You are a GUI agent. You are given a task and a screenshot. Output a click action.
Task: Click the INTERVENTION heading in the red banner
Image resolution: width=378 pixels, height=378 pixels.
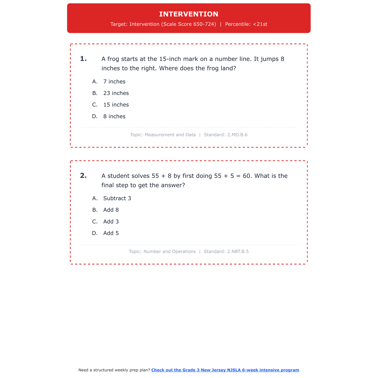(189, 14)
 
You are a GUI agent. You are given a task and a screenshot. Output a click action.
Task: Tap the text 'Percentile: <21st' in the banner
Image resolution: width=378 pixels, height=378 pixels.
(246, 24)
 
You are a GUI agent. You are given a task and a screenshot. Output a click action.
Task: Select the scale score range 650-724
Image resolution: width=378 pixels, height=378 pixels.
(204, 24)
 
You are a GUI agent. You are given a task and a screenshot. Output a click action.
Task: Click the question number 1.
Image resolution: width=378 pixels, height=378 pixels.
(83, 59)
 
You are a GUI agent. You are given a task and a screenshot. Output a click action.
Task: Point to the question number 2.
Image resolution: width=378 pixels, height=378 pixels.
(83, 176)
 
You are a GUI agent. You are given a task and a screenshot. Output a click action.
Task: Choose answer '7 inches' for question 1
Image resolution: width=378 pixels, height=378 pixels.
(114, 82)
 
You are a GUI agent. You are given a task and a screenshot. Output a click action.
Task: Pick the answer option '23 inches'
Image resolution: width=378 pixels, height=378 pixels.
(116, 93)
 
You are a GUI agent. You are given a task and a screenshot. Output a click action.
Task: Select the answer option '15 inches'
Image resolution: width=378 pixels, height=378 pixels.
(116, 105)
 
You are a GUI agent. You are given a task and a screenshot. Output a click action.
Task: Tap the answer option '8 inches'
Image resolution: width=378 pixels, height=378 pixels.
(114, 116)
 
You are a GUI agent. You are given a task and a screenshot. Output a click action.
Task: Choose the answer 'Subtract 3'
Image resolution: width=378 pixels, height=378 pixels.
(117, 198)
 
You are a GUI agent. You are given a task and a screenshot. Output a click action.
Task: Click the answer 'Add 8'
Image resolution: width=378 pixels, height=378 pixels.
(111, 210)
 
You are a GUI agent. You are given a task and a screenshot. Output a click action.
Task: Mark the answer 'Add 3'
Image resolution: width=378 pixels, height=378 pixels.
(111, 222)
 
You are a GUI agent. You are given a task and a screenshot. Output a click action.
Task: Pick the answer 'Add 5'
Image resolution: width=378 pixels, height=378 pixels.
(111, 233)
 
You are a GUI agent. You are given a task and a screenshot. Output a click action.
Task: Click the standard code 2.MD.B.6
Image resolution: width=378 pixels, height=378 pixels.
(237, 135)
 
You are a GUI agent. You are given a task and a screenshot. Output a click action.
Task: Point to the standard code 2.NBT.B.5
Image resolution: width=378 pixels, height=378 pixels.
(238, 251)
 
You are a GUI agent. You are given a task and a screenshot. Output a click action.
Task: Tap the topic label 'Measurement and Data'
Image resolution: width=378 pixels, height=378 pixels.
(170, 135)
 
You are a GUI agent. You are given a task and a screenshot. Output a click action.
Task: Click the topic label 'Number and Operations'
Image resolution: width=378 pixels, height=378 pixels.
(169, 251)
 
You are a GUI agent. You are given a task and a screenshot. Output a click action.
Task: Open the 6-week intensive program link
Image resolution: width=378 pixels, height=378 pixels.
(225, 370)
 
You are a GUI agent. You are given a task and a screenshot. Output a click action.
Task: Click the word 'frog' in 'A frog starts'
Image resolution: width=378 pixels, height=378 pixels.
(113, 59)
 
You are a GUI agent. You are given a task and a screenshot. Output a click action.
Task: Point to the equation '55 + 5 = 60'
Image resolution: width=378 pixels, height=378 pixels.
(233, 176)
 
